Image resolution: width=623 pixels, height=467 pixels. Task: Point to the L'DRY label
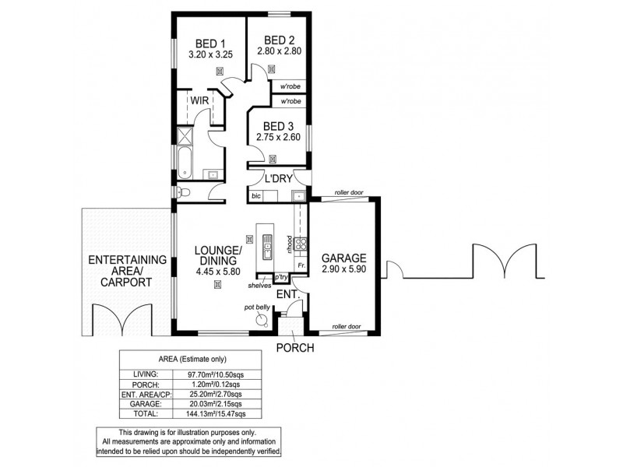(x=278, y=179)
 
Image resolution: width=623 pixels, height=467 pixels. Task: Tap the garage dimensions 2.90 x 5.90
(x=343, y=269)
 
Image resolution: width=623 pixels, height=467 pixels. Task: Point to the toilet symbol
(x=182, y=193)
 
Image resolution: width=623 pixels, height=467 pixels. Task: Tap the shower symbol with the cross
(x=184, y=137)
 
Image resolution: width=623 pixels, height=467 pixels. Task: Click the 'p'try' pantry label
(x=281, y=277)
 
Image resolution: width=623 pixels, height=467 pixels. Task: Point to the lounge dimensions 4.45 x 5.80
(x=218, y=272)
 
